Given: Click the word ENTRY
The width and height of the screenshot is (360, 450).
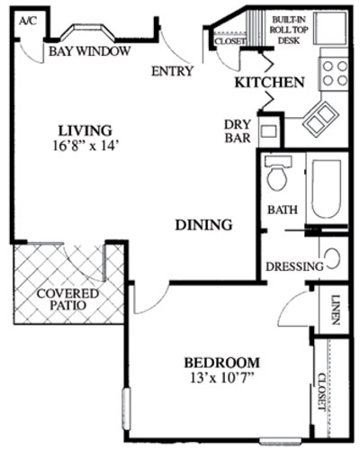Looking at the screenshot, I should pos(172,71).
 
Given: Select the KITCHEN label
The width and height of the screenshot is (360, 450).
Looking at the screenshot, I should pos(268,83).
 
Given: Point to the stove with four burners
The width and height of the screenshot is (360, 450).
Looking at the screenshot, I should pos(335,73).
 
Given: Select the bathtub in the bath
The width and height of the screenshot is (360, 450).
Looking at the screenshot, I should pos(326,191).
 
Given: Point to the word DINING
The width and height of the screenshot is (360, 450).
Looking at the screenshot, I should pos(204,225).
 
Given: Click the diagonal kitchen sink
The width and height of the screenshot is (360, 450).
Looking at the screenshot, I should pos(319,119).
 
